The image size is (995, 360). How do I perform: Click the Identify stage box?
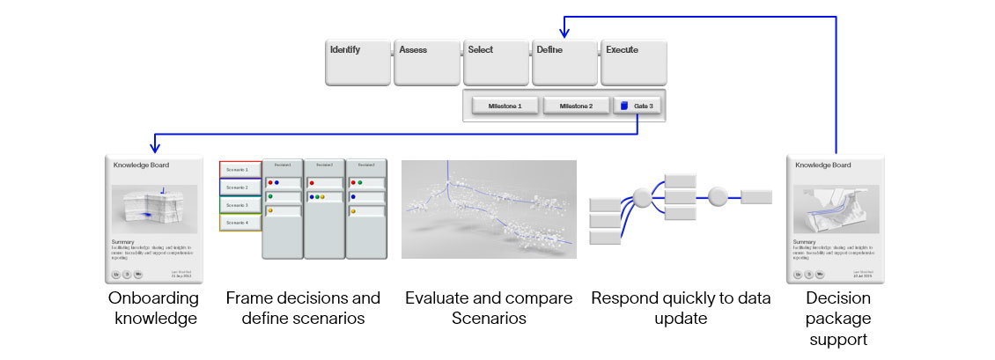coord(357,62)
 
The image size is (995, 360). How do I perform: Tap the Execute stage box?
coord(633,62)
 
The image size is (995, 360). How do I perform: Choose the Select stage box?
coord(495,62)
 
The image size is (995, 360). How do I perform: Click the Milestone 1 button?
coord(505,106)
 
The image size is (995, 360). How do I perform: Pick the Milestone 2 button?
coord(576,106)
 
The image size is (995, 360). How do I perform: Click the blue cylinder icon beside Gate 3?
coord(623,106)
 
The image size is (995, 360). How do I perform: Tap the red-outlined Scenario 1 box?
coord(240,169)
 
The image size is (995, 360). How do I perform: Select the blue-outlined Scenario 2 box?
coord(240,187)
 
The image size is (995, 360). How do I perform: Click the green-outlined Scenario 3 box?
coord(240,205)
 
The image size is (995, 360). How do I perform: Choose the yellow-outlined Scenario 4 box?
coord(240,223)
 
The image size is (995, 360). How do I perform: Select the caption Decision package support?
coord(837,318)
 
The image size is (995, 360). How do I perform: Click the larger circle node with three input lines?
coord(643,197)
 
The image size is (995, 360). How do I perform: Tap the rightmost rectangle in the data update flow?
coord(755,197)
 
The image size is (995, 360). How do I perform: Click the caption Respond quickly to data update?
coord(681,308)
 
